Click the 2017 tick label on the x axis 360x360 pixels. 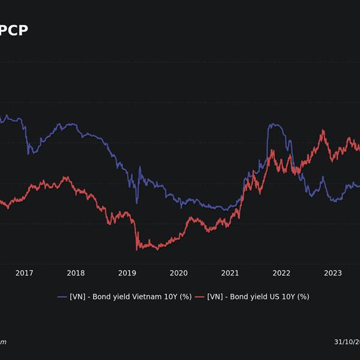(24, 273)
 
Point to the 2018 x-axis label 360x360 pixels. (76, 273)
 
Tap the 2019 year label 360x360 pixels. (127, 273)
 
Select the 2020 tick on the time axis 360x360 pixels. (179, 273)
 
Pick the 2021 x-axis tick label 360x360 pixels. (230, 273)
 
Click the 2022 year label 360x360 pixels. (281, 273)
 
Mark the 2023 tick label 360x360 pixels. (333, 273)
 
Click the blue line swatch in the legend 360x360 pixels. (62, 296)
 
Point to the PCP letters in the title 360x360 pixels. (13, 30)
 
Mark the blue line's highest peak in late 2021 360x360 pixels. (271, 125)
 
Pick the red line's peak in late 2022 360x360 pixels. (323, 130)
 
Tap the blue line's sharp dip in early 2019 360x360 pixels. (136, 203)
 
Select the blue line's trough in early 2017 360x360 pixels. (29, 154)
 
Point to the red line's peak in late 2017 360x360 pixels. (65, 177)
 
